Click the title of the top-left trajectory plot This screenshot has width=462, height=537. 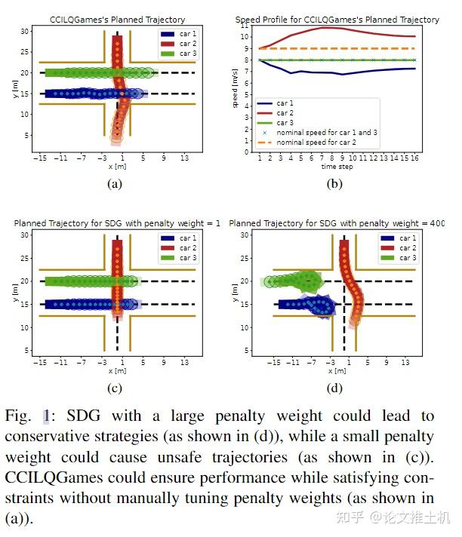pyautogui.click(x=117, y=20)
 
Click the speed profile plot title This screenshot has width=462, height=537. pyautogui.click(x=337, y=20)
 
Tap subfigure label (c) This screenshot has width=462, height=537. pyautogui.click(x=115, y=388)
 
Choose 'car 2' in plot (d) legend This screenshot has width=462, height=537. pyautogui.click(x=408, y=248)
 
